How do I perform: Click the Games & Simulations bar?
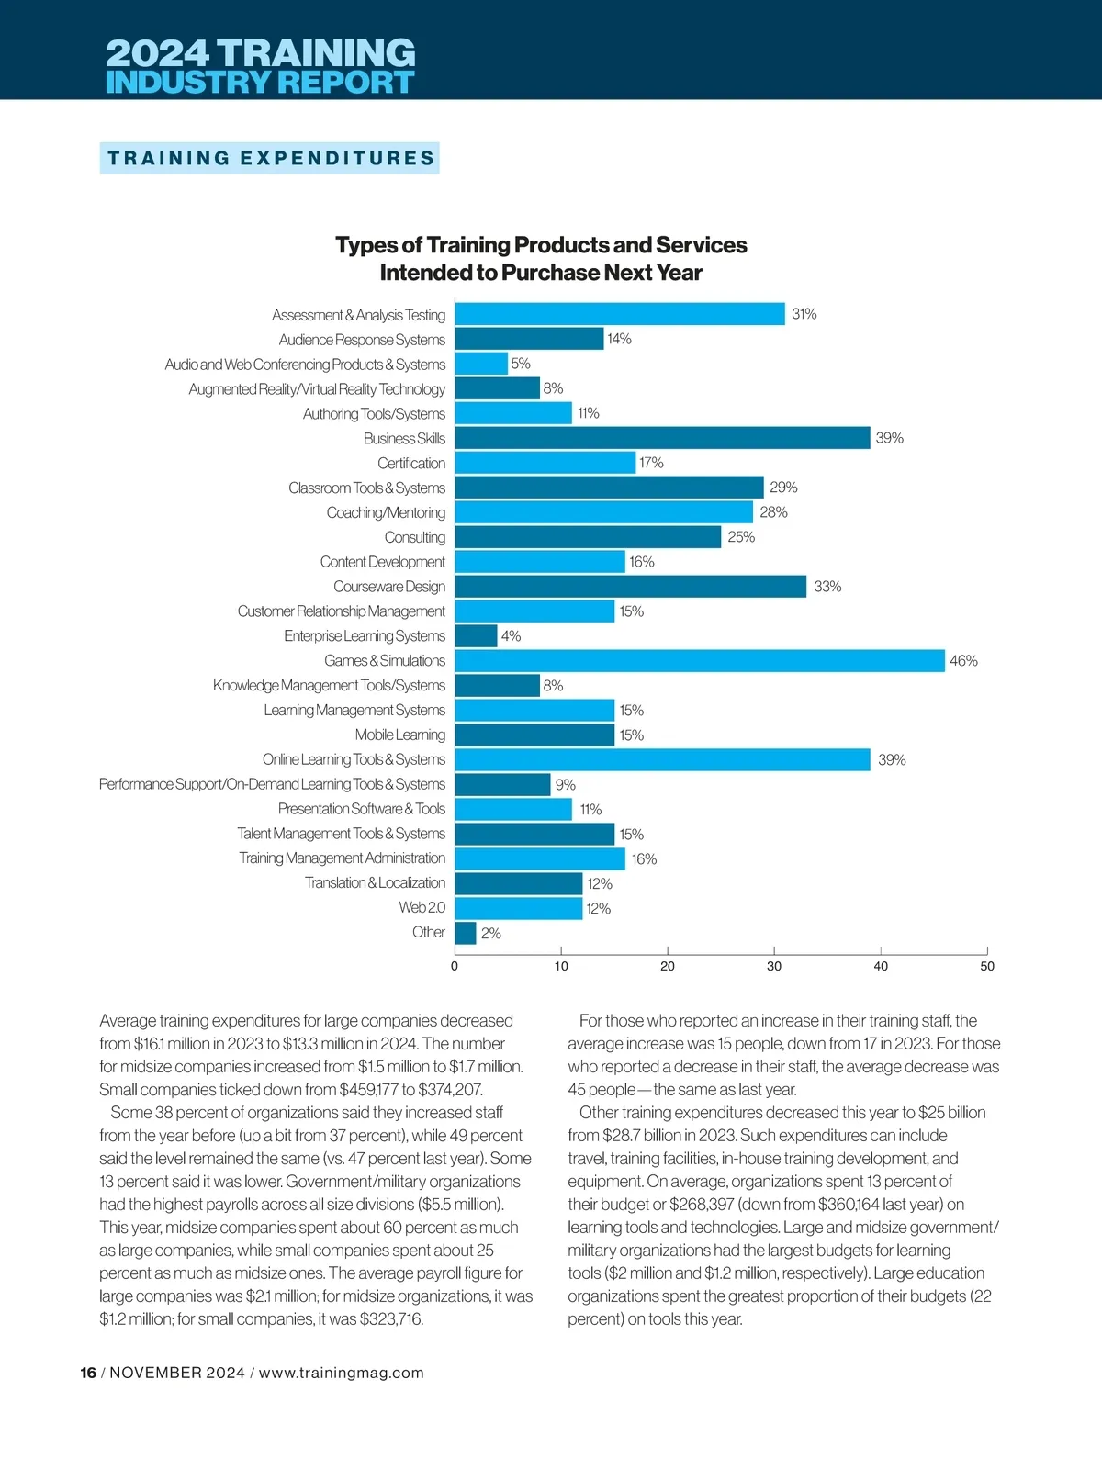(700, 661)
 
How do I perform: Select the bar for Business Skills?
(662, 438)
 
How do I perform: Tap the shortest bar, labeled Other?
(466, 933)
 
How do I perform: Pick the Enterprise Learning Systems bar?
(476, 636)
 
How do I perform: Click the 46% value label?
(963, 661)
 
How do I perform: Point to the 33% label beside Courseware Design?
(827, 587)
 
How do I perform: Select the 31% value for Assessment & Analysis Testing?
(804, 314)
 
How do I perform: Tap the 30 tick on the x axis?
(774, 966)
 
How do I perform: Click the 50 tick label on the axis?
(987, 966)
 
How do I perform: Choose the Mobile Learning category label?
(400, 735)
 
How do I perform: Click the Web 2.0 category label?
(422, 907)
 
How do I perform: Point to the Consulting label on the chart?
(415, 537)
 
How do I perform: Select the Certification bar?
(545, 463)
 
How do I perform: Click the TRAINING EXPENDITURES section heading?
(270, 158)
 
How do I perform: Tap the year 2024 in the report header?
(157, 52)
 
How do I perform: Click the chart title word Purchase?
(549, 273)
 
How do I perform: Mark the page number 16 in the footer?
(88, 1373)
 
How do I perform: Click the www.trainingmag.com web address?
(342, 1373)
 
